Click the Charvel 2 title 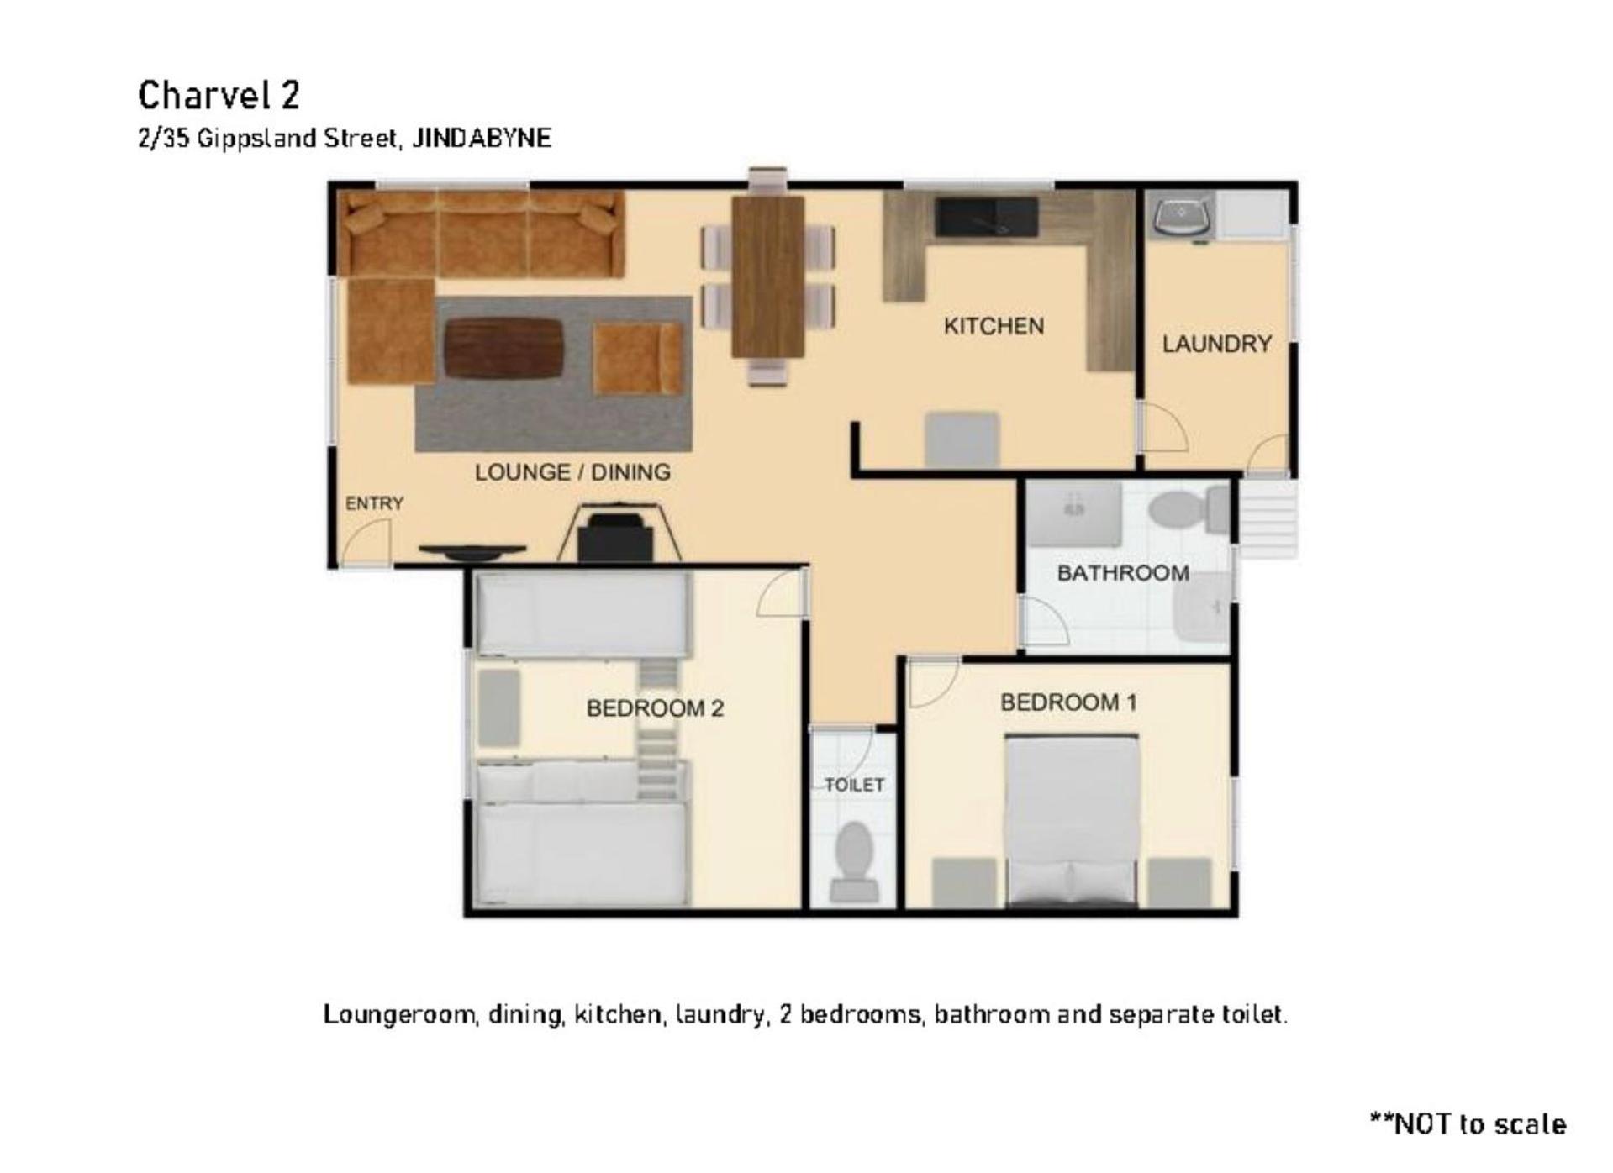pyautogui.click(x=219, y=95)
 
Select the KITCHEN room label pyautogui.click(x=994, y=326)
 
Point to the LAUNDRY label pyautogui.click(x=1216, y=344)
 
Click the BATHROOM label pyautogui.click(x=1123, y=573)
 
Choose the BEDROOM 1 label pyautogui.click(x=1068, y=702)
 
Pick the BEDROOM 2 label pyautogui.click(x=655, y=708)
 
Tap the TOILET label pyautogui.click(x=854, y=785)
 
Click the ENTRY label pyautogui.click(x=374, y=503)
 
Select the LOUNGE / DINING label pyautogui.click(x=572, y=472)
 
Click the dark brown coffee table pyautogui.click(x=503, y=348)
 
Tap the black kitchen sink pyautogui.click(x=987, y=217)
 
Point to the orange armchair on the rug pyautogui.click(x=637, y=359)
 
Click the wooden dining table pyautogui.click(x=767, y=276)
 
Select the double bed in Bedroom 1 pyautogui.click(x=1072, y=821)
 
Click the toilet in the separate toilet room pyautogui.click(x=854, y=862)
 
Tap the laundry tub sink pyautogui.click(x=1183, y=215)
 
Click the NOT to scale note pyautogui.click(x=1468, y=1124)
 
